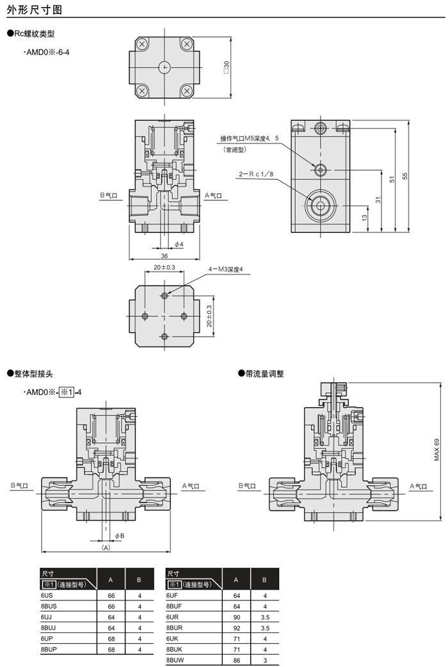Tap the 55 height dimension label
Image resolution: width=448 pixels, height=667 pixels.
(404, 175)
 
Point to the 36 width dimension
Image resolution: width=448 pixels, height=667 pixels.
(164, 255)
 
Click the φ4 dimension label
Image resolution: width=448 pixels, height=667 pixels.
(179, 244)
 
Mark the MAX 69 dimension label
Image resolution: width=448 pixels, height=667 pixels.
(437, 450)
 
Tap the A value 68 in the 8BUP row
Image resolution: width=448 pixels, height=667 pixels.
(111, 649)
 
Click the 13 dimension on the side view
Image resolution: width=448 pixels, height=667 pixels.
(364, 218)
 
